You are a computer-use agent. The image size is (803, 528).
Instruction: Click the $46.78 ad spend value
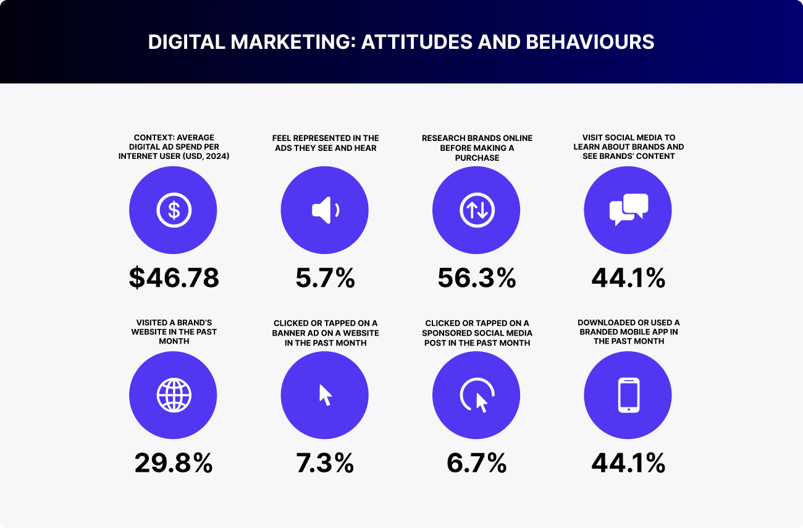174,278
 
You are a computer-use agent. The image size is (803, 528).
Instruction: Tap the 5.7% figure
325,278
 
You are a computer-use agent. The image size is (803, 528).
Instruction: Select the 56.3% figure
476,278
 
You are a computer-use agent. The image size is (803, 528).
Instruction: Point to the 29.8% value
174,462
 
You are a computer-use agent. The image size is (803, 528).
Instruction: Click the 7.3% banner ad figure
325,462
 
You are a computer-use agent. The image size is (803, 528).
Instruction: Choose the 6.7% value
476,462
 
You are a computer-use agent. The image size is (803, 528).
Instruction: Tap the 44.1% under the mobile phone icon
628,462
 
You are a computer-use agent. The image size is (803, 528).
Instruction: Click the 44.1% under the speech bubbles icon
628,278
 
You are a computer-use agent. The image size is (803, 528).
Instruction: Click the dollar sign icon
174,210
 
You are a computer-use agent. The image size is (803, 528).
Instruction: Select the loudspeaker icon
325,210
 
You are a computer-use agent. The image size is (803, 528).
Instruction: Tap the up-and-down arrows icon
476,210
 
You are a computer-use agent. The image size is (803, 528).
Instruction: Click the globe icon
174,395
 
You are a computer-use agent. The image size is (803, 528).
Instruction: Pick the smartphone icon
628,395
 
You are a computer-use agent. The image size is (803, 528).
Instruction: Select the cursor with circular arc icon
477,396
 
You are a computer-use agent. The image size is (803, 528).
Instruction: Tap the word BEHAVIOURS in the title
589,42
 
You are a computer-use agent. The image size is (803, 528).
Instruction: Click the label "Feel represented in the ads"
326,143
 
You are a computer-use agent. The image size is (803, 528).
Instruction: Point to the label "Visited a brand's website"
174,331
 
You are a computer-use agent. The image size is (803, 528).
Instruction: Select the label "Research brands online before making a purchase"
477,147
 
